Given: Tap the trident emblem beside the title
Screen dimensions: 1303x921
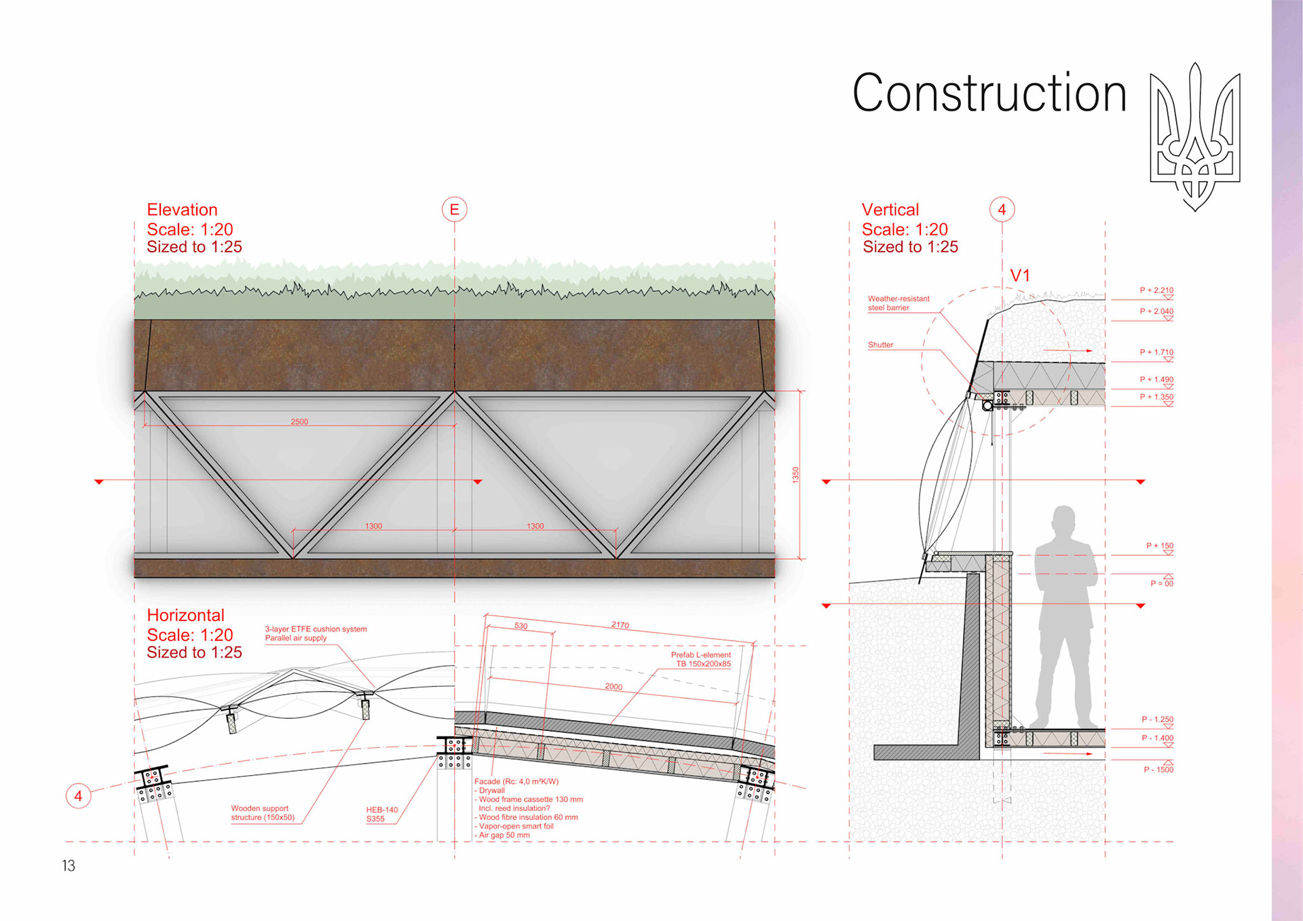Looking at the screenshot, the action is (1195, 136).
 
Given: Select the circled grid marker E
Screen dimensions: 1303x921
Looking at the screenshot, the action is (455, 209).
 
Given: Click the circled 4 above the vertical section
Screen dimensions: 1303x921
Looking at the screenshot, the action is (1002, 209).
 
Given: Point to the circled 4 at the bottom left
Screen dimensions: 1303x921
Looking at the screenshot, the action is (78, 795).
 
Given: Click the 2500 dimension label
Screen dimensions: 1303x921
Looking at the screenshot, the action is (299, 421).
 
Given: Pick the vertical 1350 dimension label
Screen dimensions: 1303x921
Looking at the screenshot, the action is (796, 475).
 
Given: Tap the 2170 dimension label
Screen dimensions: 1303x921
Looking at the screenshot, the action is (620, 625).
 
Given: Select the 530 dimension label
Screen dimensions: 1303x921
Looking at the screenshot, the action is (521, 626).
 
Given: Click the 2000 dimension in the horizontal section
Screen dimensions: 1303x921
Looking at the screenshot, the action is (613, 687).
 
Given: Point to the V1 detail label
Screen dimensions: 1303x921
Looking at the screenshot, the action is (1020, 276).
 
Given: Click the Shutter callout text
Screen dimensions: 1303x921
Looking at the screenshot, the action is (880, 345).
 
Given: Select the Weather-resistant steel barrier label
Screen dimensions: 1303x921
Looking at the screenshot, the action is (898, 303).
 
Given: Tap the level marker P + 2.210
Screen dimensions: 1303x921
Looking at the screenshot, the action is (1156, 290).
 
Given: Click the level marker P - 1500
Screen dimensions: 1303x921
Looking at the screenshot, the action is (1158, 770).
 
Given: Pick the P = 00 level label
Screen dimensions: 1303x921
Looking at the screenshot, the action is (1161, 584).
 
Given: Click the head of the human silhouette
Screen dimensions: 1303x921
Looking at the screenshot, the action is (1064, 521).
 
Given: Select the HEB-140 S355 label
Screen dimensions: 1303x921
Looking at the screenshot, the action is (381, 814).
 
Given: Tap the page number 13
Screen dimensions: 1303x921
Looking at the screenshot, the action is (69, 865).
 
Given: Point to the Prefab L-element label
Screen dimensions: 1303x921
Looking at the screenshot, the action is (702, 659).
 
